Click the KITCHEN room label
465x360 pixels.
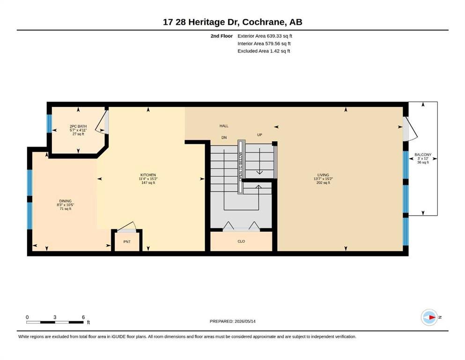click(148, 175)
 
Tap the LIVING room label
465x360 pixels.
click(323, 175)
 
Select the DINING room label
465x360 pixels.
click(65, 201)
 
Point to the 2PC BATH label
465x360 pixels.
click(78, 126)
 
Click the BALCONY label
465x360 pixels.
click(423, 155)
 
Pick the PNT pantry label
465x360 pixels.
click(127, 241)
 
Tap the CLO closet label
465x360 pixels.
click(241, 241)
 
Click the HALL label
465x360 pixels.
click(224, 126)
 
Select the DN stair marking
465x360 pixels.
click(224, 137)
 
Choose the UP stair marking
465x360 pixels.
click(259, 135)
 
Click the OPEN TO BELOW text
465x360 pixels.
click(241, 166)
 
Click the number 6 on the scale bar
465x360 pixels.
click(83, 317)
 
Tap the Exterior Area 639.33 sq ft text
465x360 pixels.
click(265, 36)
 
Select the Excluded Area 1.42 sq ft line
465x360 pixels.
click(264, 51)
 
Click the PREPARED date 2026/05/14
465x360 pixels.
click(245, 321)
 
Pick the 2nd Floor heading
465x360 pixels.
click(221, 36)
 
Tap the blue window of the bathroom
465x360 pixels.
click(49, 123)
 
